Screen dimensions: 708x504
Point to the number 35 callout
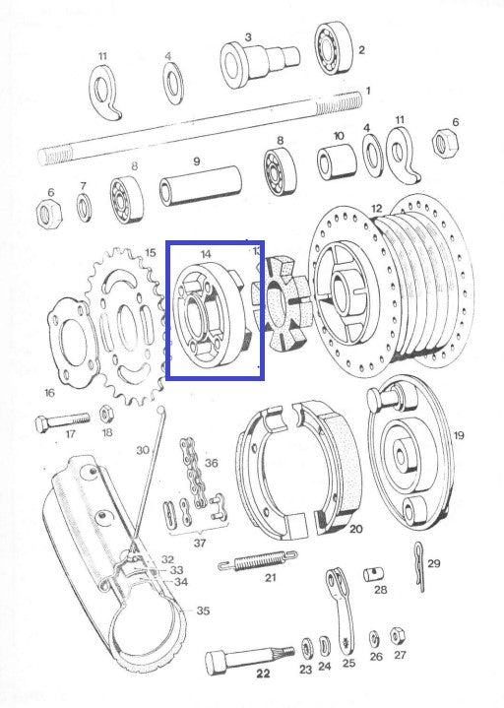tap(202, 611)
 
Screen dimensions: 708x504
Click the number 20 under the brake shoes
tap(355, 529)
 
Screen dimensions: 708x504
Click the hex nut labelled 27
tap(399, 634)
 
